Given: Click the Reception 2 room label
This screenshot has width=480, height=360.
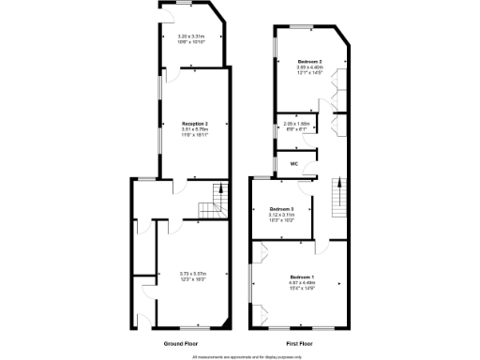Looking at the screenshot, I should coord(195,124).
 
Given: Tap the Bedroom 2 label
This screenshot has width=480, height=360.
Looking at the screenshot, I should coord(310,61).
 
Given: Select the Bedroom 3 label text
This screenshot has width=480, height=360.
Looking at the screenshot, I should coord(282,208).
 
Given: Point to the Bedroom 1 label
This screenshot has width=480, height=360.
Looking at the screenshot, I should coord(302,277).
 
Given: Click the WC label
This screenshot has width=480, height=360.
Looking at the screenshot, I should coord(293,164).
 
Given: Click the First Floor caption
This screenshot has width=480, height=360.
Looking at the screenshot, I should coord(299,343).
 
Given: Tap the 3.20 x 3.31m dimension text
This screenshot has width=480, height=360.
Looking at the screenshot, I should coord(191,37).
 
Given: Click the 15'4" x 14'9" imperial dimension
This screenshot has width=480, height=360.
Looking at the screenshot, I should coord(302,288).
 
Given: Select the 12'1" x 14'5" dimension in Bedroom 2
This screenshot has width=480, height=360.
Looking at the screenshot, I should coord(310,72).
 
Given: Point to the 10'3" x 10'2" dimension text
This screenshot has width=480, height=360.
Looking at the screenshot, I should coord(282,219).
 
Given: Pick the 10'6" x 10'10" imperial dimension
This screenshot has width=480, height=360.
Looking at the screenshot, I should coord(191,42).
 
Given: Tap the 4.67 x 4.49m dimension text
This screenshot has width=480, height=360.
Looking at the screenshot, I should coord(302,282).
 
